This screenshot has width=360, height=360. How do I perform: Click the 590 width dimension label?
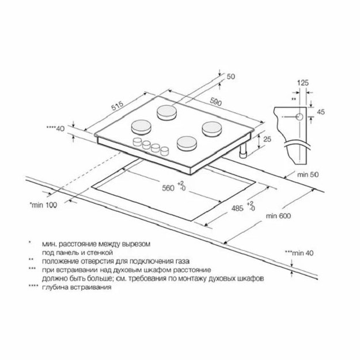(216, 102)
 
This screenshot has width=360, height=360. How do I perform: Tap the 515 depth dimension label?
(118, 105)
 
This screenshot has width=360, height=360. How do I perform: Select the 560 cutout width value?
(168, 188)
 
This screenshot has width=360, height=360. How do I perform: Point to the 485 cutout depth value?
(237, 209)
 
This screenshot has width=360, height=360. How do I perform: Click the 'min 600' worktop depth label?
(278, 216)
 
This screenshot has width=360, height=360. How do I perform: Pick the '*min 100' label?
(43, 205)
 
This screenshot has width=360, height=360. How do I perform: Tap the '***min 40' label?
(299, 253)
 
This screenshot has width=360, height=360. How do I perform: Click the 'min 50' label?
(308, 175)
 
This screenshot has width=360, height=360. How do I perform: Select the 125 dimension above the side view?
(303, 82)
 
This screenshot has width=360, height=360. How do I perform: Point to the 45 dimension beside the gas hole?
(321, 112)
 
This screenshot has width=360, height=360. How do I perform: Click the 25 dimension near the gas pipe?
(267, 139)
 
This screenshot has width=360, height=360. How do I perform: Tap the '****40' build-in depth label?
(55, 128)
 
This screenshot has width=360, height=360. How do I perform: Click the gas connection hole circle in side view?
(300, 117)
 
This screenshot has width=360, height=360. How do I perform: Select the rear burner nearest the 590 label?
(166, 113)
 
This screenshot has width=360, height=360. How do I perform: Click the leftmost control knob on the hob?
(138, 142)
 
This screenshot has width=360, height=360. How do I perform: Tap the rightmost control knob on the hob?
(164, 151)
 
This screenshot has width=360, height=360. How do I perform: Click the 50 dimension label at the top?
(231, 77)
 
